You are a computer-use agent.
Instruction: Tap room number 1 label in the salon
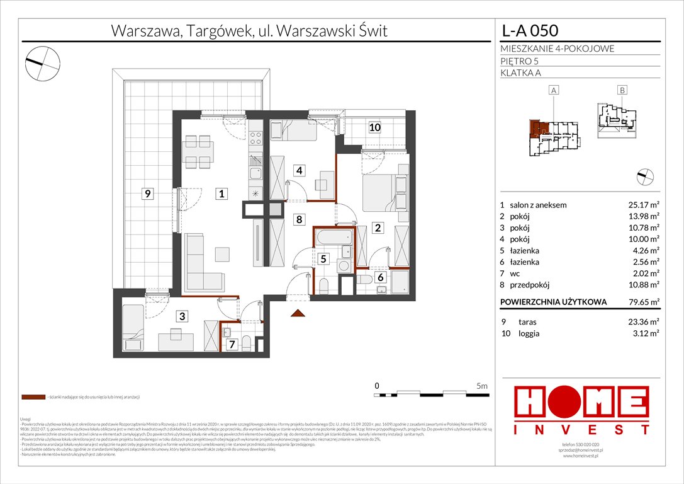[221, 194]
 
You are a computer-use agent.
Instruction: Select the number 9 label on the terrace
[147, 194]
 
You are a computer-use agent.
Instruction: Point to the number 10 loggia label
[374, 127]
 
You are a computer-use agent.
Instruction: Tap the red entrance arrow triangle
[298, 313]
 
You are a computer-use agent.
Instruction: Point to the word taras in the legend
[527, 321]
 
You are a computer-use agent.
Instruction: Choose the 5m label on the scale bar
[482, 385]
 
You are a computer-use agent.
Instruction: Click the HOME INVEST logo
[582, 410]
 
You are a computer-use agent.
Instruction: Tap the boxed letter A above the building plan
[554, 91]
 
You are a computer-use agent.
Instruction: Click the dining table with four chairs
[196, 149]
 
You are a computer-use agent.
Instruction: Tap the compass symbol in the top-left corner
[42, 61]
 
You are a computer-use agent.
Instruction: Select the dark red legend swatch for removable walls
[33, 398]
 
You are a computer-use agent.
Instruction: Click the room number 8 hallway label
[300, 220]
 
